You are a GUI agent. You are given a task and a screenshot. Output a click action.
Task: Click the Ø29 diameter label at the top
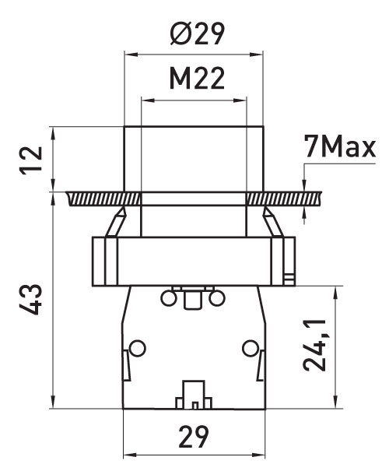pyautogui.click(x=197, y=33)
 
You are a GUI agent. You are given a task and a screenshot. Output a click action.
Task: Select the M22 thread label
pyautogui.click(x=197, y=79)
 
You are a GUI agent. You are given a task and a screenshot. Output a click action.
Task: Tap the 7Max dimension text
pyautogui.click(x=340, y=146)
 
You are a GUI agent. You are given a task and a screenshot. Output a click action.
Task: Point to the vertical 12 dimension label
pyautogui.click(x=30, y=160)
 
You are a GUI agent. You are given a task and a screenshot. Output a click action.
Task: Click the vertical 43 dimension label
pyautogui.click(x=30, y=299)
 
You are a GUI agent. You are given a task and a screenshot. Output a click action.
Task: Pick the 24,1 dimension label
pyautogui.click(x=314, y=346)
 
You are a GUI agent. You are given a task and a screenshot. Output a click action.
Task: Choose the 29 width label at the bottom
pyautogui.click(x=194, y=437)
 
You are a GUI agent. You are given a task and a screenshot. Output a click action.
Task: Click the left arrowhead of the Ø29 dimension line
pyautogui.click(x=131, y=54)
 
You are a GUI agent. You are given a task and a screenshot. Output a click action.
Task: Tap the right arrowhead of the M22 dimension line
pyautogui.click(x=240, y=100)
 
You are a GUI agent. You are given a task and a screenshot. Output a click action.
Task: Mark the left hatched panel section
pyautogui.click(x=103, y=199)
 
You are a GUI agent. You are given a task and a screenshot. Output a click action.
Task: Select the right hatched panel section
pyautogui.click(x=284, y=199)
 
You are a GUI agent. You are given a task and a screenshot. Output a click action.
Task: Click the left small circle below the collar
pyautogui.click(x=168, y=299)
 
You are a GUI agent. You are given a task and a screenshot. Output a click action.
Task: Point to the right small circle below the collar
pyautogui.click(x=217, y=299)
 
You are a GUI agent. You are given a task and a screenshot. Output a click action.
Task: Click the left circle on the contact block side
pyautogui.click(x=138, y=348)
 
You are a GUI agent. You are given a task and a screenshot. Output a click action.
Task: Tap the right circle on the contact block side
pyautogui.click(x=251, y=348)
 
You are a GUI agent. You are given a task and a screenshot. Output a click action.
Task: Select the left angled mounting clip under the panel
pyautogui.click(x=115, y=222)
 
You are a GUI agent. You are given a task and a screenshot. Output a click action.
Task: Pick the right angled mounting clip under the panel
pyautogui.click(x=273, y=222)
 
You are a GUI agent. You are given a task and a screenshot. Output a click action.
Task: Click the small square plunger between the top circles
pyautogui.click(x=193, y=300)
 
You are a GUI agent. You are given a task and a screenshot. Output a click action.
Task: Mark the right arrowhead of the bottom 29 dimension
pyautogui.click(x=259, y=455)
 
